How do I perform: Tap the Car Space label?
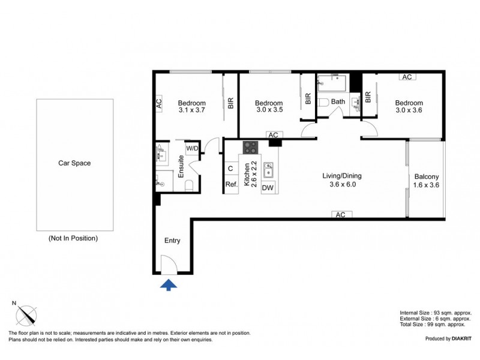(74, 163)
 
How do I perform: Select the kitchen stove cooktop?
(250, 147)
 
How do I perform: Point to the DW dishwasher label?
(268, 188)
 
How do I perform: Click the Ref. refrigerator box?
(231, 185)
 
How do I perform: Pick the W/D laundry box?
(192, 148)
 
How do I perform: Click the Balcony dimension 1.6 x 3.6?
(427, 185)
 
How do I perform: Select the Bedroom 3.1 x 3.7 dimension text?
(192, 110)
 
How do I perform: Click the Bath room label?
(338, 101)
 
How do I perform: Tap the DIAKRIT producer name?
(459, 339)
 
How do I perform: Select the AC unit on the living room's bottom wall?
(340, 214)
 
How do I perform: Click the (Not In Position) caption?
(73, 238)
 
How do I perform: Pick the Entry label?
(172, 241)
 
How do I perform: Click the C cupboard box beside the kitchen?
(230, 169)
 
